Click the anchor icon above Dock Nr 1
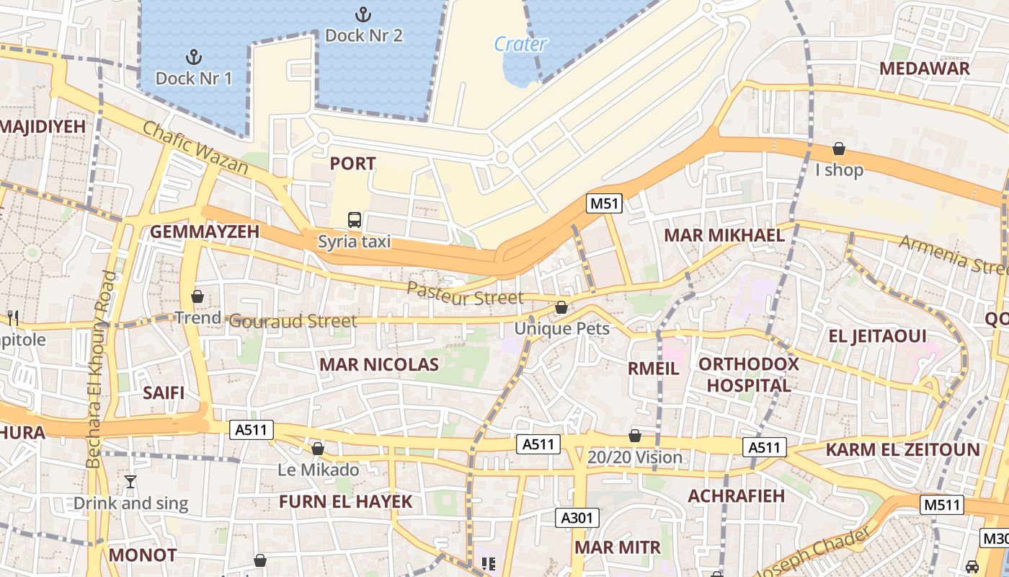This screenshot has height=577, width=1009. (x=192, y=56)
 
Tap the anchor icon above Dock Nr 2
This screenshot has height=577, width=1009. (x=363, y=14)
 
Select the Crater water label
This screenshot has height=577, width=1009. (x=520, y=44)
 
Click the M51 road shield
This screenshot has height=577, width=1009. (x=604, y=203)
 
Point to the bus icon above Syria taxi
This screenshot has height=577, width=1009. (x=354, y=219)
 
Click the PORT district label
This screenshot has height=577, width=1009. (x=352, y=164)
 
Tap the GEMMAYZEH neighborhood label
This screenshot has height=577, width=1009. (x=204, y=232)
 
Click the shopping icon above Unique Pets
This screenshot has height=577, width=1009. (x=561, y=308)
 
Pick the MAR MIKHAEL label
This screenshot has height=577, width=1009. (x=724, y=235)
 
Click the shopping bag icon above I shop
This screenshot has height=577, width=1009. (x=839, y=149)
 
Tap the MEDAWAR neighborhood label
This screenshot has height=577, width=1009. (x=924, y=69)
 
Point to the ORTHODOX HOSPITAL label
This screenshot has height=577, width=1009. (x=748, y=374)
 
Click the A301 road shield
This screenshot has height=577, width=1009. (x=577, y=517)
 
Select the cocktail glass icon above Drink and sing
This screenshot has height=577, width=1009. (x=130, y=482)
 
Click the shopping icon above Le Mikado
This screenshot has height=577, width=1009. (x=317, y=449)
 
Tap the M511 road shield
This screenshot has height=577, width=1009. (x=942, y=504)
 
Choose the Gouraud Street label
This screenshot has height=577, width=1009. (x=293, y=321)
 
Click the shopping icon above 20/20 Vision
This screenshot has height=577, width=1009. (x=634, y=436)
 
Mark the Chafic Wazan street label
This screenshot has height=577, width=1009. (x=195, y=148)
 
